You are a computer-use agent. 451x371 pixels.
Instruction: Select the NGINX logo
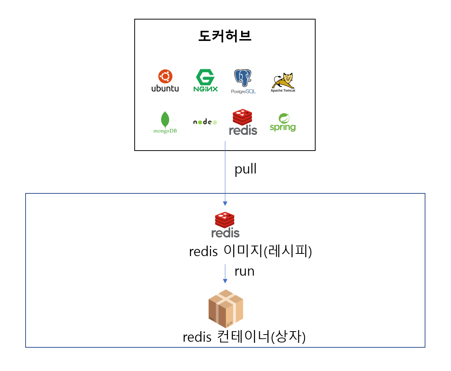point(205,81)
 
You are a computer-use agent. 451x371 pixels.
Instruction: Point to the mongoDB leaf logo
point(165,122)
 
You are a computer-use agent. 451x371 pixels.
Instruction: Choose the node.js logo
point(205,122)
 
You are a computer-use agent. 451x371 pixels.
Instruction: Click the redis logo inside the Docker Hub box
point(243,122)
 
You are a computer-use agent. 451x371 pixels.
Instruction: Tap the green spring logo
point(282,122)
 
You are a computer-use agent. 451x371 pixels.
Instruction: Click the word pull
point(245,169)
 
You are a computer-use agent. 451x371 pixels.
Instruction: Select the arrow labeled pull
point(225,173)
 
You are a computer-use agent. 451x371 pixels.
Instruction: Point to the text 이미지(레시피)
point(268,251)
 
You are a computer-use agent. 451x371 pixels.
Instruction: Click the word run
point(244,271)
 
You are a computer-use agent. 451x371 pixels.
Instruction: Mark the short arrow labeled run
point(225,273)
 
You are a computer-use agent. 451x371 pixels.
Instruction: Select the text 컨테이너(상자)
point(261,337)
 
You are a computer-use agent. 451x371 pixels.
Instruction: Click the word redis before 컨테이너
point(197,337)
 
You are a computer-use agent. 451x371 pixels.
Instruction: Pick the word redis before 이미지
point(203,252)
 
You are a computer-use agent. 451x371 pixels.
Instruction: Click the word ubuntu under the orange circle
point(165,89)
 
